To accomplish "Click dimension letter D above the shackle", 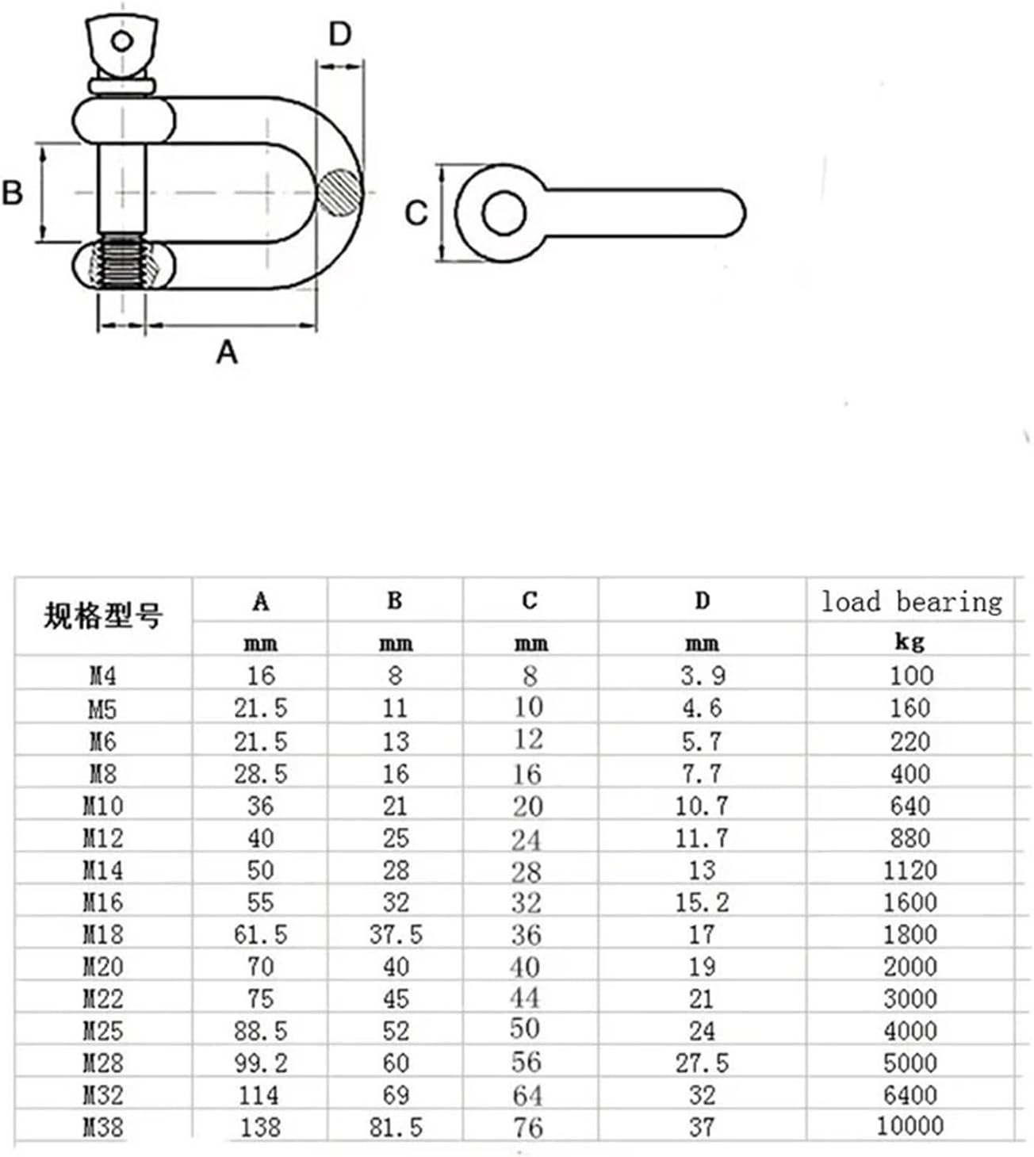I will [339, 34].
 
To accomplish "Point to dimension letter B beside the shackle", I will [13, 193].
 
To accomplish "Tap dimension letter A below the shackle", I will [227, 351].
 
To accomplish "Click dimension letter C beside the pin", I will [416, 213].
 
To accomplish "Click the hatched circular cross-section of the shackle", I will [340, 192].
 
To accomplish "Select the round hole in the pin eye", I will [504, 213].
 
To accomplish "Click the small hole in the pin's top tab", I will [121, 41].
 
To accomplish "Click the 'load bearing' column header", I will [911, 602].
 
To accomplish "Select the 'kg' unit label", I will [910, 641].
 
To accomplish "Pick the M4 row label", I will [103, 676].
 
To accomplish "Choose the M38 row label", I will [103, 1127].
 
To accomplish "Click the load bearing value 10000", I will [910, 1125].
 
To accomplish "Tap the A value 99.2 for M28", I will [261, 1063].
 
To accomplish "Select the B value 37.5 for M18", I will [396, 934].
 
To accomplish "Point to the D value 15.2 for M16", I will [702, 902].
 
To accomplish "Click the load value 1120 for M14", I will [910, 870].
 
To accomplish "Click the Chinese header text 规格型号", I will [103, 615].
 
